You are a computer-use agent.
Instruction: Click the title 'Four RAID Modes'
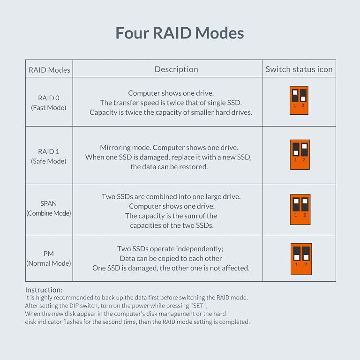(x=180, y=33)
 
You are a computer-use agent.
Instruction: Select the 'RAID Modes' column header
(x=49, y=70)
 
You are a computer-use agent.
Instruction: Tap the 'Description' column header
(x=176, y=69)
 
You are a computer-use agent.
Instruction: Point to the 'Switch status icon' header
(x=299, y=69)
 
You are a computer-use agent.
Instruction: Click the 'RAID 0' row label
(x=49, y=98)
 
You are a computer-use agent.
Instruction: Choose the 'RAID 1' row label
(x=49, y=151)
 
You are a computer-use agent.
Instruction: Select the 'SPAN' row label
(x=49, y=203)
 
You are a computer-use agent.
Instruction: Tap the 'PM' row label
(x=49, y=254)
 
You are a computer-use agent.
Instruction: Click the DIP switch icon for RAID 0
(x=299, y=100)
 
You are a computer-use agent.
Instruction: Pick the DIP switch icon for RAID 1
(x=300, y=154)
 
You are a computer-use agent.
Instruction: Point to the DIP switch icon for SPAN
(x=300, y=209)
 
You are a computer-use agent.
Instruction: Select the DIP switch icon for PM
(x=301, y=259)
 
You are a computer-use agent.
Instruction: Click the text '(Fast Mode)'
(x=49, y=108)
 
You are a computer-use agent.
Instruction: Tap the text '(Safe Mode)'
(x=49, y=161)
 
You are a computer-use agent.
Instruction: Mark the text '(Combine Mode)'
(x=49, y=213)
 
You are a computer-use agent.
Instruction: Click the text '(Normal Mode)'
(x=49, y=263)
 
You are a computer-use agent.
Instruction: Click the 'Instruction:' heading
(x=44, y=290)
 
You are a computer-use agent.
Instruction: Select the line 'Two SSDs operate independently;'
(x=170, y=248)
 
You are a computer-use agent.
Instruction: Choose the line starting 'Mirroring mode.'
(x=169, y=147)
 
